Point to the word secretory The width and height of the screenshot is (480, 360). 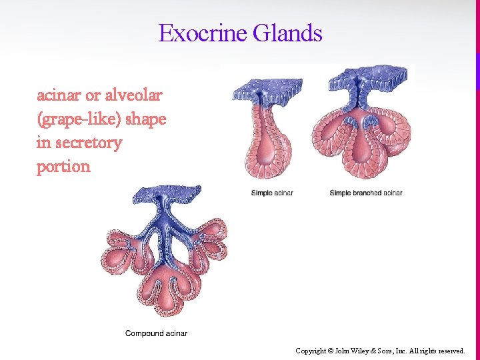[x=88, y=143]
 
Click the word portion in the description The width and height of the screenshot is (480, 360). [x=63, y=167]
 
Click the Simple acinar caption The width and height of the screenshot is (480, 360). [x=272, y=193]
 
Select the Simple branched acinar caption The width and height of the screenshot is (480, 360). [x=366, y=193]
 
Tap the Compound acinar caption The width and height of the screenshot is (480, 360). [x=156, y=333]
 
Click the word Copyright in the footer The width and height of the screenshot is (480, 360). [x=311, y=350]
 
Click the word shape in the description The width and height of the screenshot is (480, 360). [x=146, y=119]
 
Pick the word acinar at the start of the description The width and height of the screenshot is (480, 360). [x=59, y=95]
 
